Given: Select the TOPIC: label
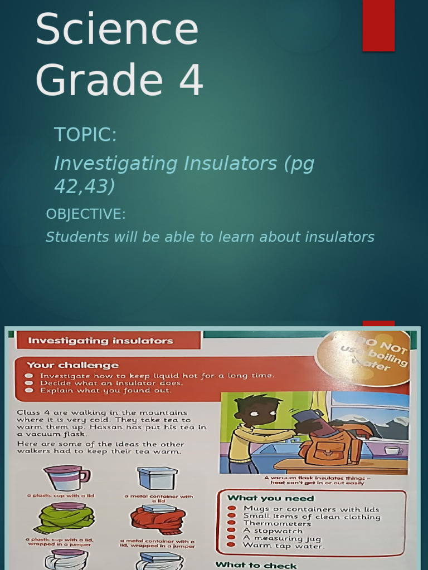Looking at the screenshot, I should (85, 134).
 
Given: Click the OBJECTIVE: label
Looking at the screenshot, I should (86, 214).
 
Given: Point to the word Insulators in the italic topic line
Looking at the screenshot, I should (233, 164).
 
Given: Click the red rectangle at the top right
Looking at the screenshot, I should (378, 26).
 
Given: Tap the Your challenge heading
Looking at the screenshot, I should (73, 365).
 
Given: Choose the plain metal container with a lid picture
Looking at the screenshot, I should (157, 478).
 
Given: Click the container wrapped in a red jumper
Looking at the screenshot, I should (158, 519).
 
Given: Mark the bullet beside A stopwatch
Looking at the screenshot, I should (232, 531).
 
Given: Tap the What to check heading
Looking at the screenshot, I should (256, 565).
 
